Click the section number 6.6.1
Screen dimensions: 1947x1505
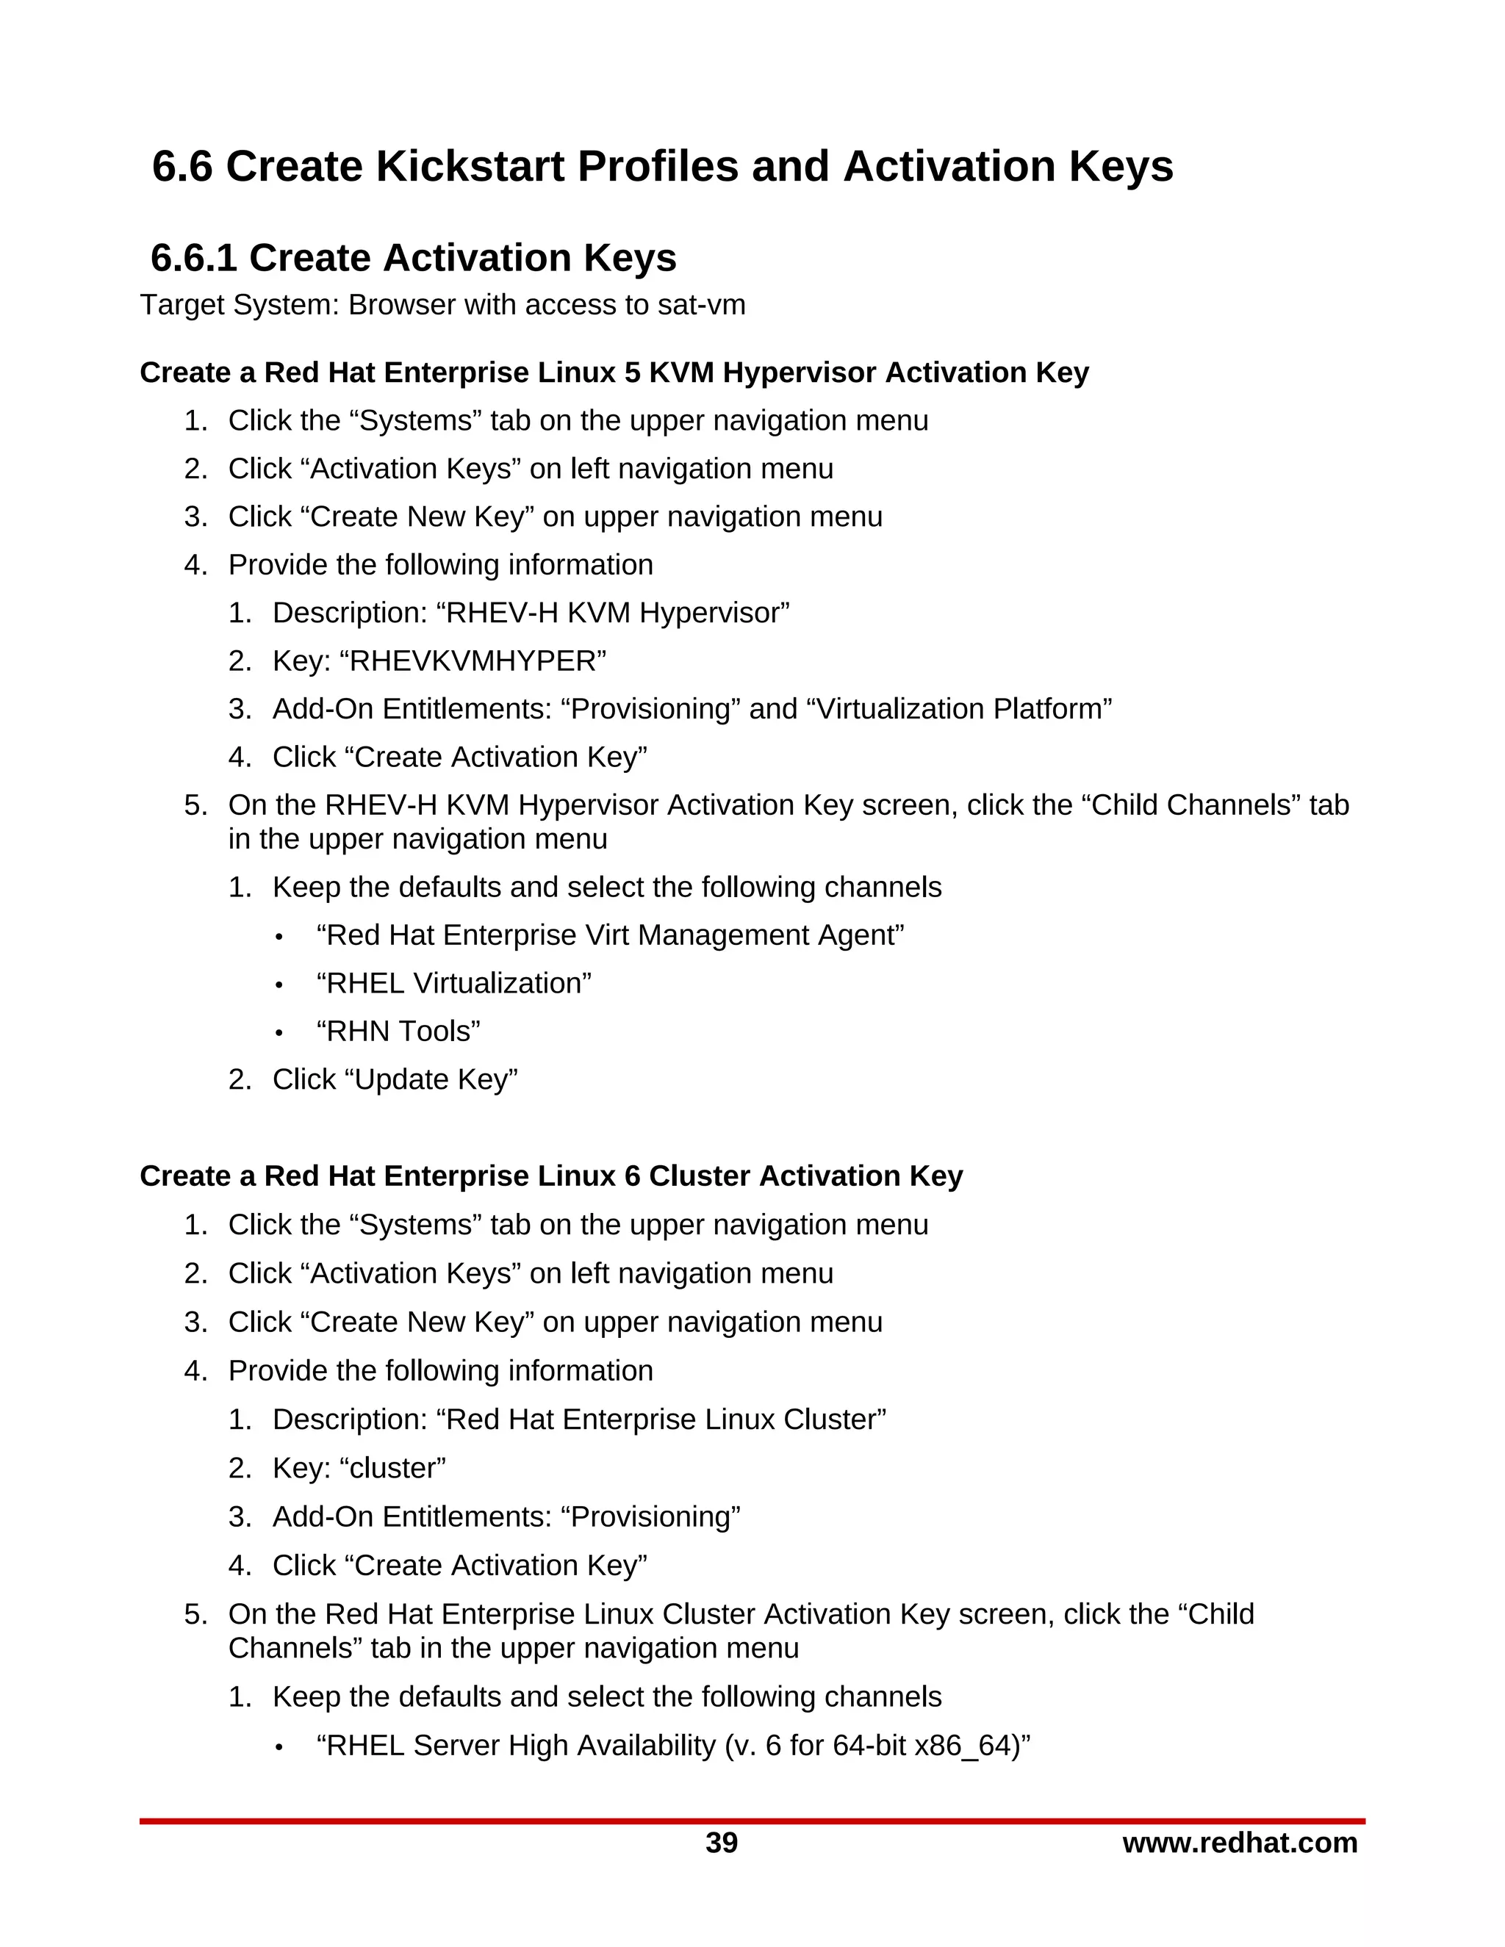pyautogui.click(x=193, y=259)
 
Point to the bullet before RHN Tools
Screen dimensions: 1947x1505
pyautogui.click(x=279, y=1033)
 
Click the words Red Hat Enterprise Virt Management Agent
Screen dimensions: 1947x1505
pyautogui.click(x=610, y=935)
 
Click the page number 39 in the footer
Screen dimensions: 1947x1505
pyautogui.click(x=722, y=1843)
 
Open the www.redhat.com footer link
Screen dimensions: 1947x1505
pyautogui.click(x=1239, y=1843)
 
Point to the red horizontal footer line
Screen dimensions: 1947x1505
pyautogui.click(x=752, y=1821)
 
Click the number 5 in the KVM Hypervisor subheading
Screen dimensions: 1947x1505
pyautogui.click(x=632, y=373)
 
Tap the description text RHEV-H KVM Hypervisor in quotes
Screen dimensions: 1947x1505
pyautogui.click(x=613, y=613)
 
